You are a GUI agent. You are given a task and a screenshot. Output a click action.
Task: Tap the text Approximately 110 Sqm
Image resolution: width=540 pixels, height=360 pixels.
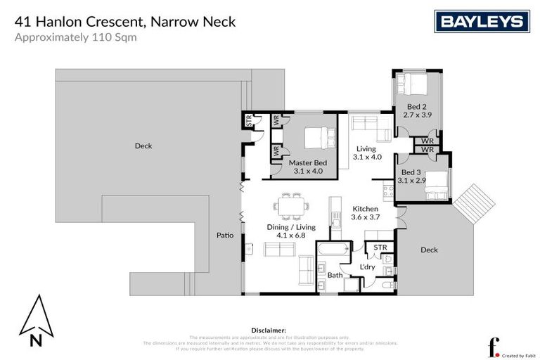tap(75, 37)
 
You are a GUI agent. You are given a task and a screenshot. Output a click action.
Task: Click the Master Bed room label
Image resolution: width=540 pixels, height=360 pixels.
tap(307, 163)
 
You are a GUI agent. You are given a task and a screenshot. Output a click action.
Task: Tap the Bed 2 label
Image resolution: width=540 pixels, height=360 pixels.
tap(414, 106)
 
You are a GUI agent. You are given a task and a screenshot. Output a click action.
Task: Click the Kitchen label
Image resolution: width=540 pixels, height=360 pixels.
tap(365, 209)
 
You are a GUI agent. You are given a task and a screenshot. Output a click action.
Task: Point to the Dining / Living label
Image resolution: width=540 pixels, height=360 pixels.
tap(291, 227)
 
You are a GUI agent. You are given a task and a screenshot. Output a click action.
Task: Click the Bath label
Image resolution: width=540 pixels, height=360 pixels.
tap(335, 275)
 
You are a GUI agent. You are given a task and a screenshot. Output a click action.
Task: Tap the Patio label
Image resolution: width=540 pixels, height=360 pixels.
tap(224, 236)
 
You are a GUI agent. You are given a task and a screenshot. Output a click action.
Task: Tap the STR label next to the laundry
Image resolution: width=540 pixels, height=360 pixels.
tap(380, 247)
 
